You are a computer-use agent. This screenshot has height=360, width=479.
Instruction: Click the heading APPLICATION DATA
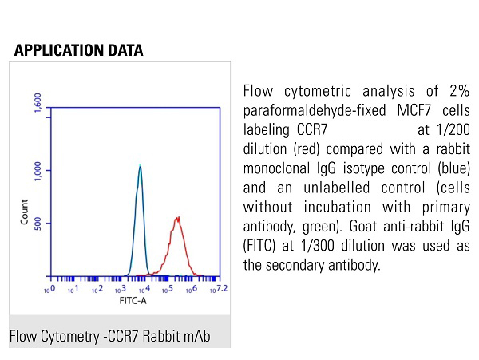pyautogui.click(x=78, y=51)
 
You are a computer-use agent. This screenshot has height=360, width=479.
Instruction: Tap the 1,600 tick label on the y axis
pyautogui.click(x=38, y=105)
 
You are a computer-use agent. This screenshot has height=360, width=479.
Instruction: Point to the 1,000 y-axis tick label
pyautogui.click(x=38, y=170)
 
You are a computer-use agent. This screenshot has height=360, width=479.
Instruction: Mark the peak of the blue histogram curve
pyautogui.click(x=139, y=166)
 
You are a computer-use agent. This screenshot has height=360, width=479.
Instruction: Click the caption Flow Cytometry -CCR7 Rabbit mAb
pyautogui.click(x=110, y=337)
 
